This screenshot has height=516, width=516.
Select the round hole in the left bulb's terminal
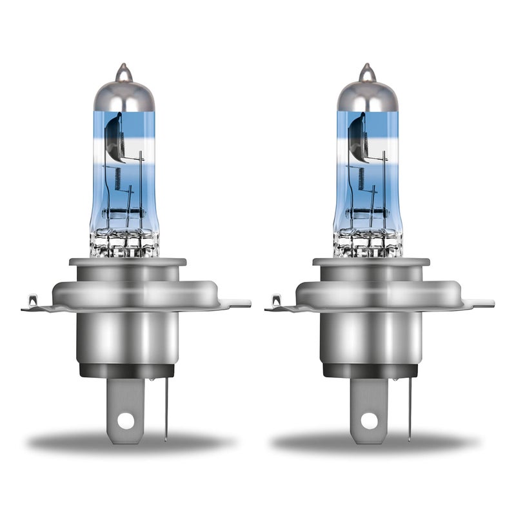pos(126,420)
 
